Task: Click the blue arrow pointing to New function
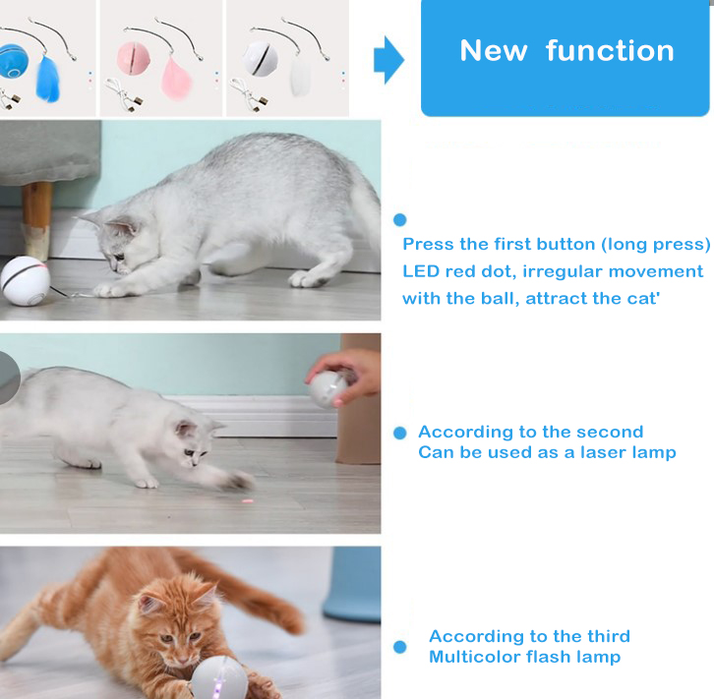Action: pyautogui.click(x=388, y=60)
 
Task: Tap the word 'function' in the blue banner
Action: pyautogui.click(x=610, y=50)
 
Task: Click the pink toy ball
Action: pyautogui.click(x=133, y=58)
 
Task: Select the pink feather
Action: pyautogui.click(x=176, y=79)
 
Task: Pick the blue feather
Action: pyautogui.click(x=47, y=79)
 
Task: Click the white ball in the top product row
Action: pyautogui.click(x=260, y=58)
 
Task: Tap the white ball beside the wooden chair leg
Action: pyautogui.click(x=25, y=281)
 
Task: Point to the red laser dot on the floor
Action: pyautogui.click(x=247, y=501)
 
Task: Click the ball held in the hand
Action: pyautogui.click(x=328, y=388)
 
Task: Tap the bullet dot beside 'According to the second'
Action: pyautogui.click(x=400, y=433)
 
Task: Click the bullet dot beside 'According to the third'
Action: pyautogui.click(x=400, y=647)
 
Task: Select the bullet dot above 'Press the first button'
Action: pyautogui.click(x=400, y=220)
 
